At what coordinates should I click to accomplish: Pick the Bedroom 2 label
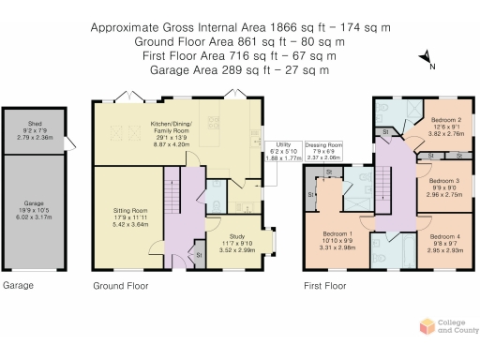[x=444, y=127]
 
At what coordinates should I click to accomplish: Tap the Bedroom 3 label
[x=444, y=187]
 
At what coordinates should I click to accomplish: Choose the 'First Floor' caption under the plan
[x=324, y=284]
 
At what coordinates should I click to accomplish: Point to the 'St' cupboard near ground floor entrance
[x=199, y=254]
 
